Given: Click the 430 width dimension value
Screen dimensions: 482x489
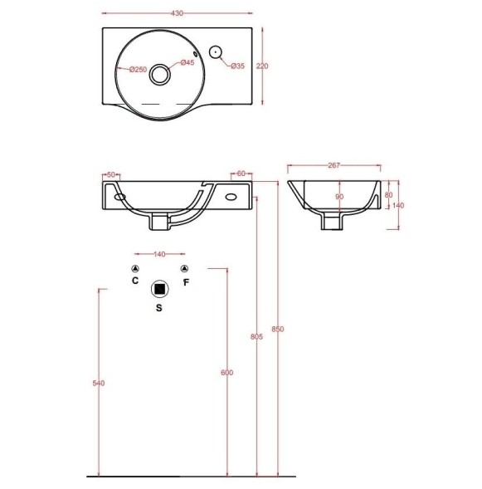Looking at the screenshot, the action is click(177, 13).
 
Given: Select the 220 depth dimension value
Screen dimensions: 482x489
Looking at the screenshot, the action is click(262, 66).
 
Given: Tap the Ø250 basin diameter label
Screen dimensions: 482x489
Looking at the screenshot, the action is click(138, 69).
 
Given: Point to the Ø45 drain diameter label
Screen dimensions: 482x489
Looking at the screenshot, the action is click(187, 62).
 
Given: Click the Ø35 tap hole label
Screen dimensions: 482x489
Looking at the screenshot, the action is click(238, 66).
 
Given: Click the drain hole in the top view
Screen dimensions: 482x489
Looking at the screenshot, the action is click(160, 74).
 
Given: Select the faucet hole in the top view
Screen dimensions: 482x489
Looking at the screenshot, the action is click(216, 52).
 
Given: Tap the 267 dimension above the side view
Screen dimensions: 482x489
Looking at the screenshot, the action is click(334, 165).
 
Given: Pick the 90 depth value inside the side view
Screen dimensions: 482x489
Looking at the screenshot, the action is click(339, 197).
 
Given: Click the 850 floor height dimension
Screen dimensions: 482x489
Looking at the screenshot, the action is click(278, 329).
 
